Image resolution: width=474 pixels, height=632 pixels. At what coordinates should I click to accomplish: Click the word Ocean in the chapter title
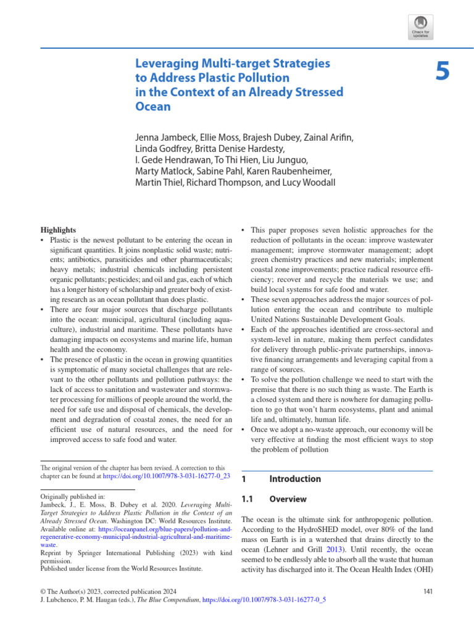[x=152, y=106]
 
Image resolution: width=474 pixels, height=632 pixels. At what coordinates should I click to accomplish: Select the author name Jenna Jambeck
[x=166, y=136]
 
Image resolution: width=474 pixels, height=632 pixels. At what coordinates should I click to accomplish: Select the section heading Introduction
[x=295, y=479]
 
